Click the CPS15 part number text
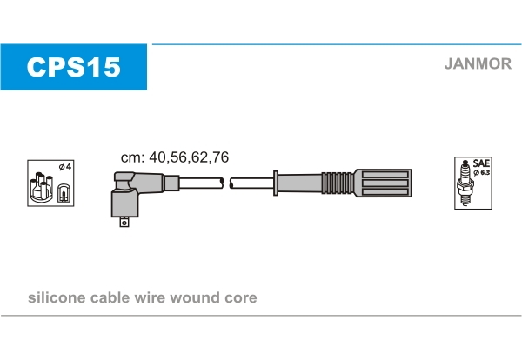pos(73,67)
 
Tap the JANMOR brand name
pos(478,63)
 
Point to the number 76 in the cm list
pos(220,157)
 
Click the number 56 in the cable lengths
pos(177,157)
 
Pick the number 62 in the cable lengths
pos(199,157)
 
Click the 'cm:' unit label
pos(132,158)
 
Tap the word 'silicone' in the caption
pos(57,297)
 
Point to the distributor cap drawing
pos(41,188)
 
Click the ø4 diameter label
pos(65,166)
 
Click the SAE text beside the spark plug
pos(481,163)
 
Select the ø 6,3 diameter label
pos(482,172)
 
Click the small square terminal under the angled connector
pos(124,222)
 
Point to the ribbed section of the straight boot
pos(338,183)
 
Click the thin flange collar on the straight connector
pos(276,183)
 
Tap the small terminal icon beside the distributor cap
pos(64,193)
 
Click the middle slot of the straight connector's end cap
pos(385,183)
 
